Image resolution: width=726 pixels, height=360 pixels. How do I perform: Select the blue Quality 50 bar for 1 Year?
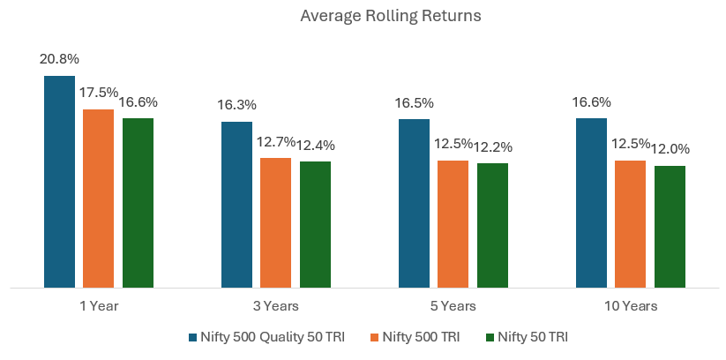(59, 181)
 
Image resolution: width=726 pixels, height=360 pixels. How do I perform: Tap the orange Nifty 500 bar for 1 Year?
(98, 198)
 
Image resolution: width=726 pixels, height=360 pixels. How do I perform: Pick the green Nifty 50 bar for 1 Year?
(138, 202)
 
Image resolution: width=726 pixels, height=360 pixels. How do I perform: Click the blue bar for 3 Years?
(236, 204)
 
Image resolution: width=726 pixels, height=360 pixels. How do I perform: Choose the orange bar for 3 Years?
(275, 222)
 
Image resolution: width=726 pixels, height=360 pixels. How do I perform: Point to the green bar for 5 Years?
(492, 225)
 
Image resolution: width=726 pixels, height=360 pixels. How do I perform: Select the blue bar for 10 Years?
(591, 202)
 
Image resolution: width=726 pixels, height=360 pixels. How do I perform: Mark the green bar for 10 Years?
(670, 226)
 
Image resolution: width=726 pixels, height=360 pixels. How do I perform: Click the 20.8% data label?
(59, 60)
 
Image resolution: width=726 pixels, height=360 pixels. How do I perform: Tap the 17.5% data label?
(99, 93)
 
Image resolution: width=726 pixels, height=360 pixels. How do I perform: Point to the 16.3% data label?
(236, 105)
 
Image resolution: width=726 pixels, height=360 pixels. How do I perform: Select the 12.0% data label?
(670, 149)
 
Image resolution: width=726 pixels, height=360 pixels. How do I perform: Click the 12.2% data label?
(493, 146)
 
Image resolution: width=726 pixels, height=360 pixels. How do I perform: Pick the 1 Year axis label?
(98, 306)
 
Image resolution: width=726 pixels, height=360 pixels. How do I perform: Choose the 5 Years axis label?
(453, 306)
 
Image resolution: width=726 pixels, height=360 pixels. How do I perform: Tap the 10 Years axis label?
(631, 306)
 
